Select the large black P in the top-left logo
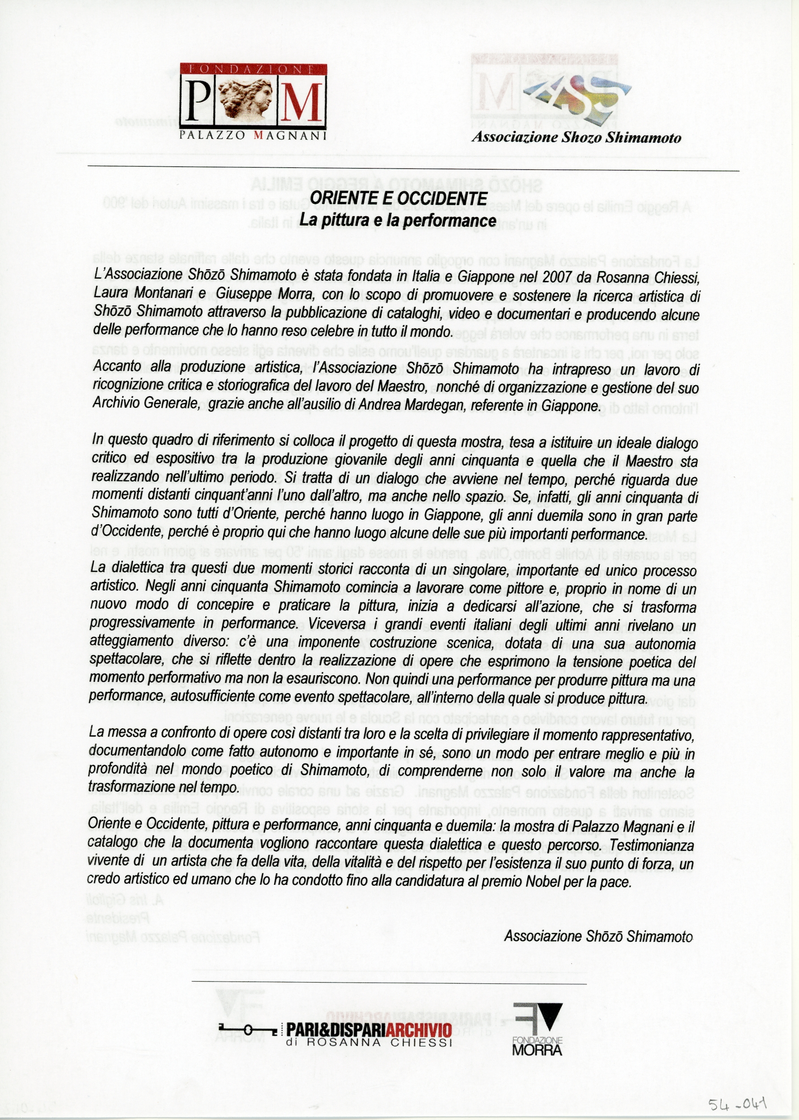pos(199,100)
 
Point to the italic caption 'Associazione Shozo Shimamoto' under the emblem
pos(576,137)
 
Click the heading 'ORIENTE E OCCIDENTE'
pos(399,198)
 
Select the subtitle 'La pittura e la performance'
pos(398,220)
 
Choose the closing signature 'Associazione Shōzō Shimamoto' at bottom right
pos(598,936)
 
